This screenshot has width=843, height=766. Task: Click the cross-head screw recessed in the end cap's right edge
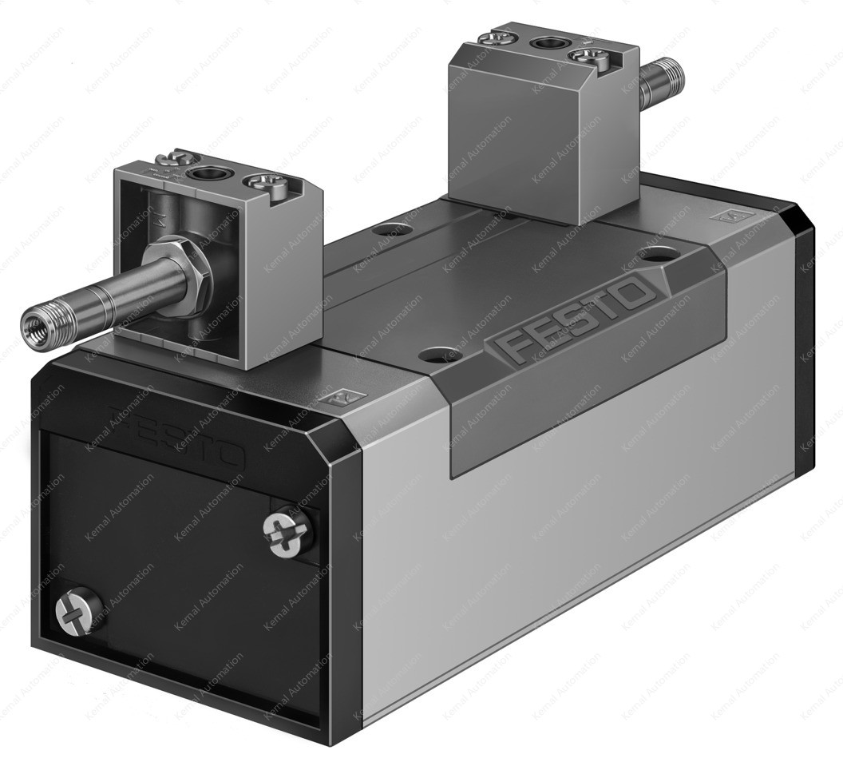tap(287, 534)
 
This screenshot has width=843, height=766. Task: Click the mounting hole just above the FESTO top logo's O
tap(657, 255)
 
